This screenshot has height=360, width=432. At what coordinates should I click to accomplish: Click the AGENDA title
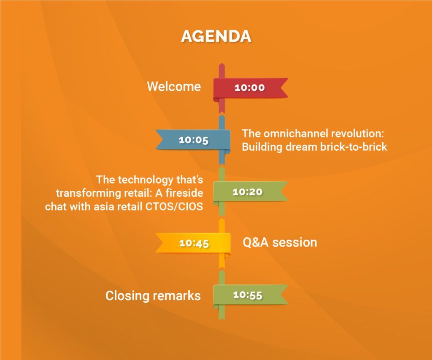click(x=216, y=36)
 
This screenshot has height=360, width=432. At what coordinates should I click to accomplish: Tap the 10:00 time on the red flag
click(x=250, y=88)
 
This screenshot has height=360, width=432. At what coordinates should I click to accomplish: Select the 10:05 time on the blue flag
click(x=193, y=140)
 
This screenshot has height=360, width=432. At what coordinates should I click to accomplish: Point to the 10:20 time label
click(x=247, y=192)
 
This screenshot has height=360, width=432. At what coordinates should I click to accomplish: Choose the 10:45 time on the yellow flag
click(x=194, y=243)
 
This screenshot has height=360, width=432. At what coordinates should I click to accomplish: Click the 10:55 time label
click(x=247, y=295)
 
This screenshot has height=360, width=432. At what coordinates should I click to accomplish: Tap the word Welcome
click(x=174, y=87)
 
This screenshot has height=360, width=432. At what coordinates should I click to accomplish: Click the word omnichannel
click(x=296, y=133)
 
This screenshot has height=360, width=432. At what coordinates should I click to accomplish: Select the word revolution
click(x=357, y=133)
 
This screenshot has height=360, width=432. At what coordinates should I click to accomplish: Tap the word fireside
click(x=184, y=193)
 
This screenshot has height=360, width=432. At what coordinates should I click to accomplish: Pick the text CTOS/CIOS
click(x=174, y=206)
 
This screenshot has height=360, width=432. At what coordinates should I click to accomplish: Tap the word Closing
click(x=127, y=296)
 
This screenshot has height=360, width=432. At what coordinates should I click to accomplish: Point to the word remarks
click(x=177, y=295)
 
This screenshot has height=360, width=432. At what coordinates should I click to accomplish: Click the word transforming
click(x=88, y=193)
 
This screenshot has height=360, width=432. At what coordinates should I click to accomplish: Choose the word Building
click(x=262, y=147)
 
